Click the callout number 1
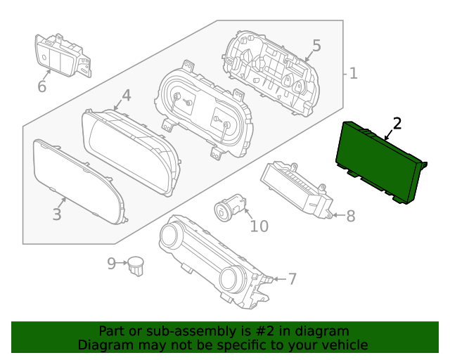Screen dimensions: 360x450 point(353,72)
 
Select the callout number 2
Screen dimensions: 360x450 point(397,124)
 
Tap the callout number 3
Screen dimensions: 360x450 point(57,214)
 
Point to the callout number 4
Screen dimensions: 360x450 point(127,95)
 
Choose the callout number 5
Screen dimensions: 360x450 point(316,46)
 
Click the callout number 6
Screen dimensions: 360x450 point(41,86)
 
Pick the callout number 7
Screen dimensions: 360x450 point(292,279)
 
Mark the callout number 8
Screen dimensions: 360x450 point(350,216)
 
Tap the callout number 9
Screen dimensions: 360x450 point(112,264)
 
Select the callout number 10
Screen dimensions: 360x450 point(259,226)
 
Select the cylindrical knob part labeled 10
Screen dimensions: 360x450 point(230,208)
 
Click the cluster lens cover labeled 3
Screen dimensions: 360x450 point(77,181)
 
